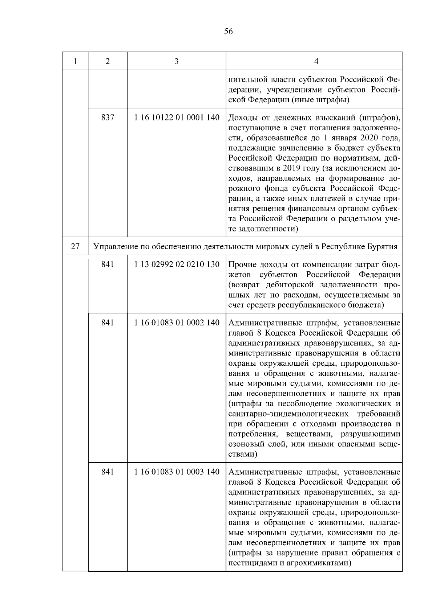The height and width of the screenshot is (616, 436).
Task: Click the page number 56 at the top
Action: click(x=229, y=32)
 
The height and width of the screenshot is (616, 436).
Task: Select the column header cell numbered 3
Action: click(x=176, y=61)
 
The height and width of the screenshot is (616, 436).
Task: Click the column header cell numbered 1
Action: click(x=75, y=61)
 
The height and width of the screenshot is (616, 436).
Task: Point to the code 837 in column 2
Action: click(x=108, y=118)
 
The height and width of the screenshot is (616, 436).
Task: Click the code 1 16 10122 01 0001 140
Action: click(x=177, y=118)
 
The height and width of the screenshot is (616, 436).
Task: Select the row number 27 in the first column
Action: click(x=75, y=247)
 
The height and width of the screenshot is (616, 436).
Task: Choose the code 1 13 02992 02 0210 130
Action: click(x=177, y=264)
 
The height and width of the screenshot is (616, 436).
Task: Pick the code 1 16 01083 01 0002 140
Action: click(x=177, y=323)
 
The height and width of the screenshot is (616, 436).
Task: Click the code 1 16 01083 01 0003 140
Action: click(x=177, y=472)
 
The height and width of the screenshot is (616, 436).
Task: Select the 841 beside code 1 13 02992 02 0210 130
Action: click(x=108, y=264)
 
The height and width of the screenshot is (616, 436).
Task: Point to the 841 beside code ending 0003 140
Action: click(x=108, y=472)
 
